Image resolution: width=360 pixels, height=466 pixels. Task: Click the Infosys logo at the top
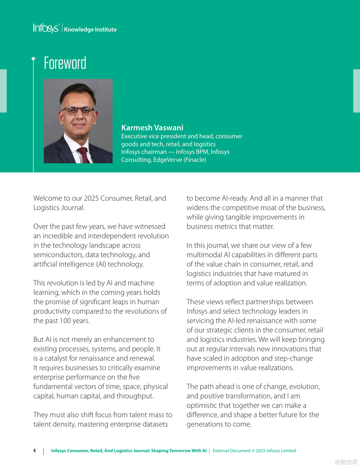pos(46,28)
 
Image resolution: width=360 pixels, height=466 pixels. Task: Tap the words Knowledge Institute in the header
pos(90,30)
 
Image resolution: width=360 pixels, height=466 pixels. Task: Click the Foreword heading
pos(65,63)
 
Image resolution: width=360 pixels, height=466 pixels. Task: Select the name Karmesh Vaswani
pos(152,128)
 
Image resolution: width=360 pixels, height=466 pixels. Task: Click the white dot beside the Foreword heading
pos(33,58)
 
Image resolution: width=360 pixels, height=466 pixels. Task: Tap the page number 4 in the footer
pos(34,450)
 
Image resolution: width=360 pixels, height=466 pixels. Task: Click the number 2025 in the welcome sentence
pos(91,198)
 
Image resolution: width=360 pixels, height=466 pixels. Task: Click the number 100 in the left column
pos(65,321)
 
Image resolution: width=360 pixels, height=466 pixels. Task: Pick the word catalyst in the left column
pos(56,358)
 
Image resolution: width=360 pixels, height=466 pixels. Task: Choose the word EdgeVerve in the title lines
pos(167,160)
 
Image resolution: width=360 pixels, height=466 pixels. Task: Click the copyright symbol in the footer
pos(253,450)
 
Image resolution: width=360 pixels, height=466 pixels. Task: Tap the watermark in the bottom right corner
pos(346,462)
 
